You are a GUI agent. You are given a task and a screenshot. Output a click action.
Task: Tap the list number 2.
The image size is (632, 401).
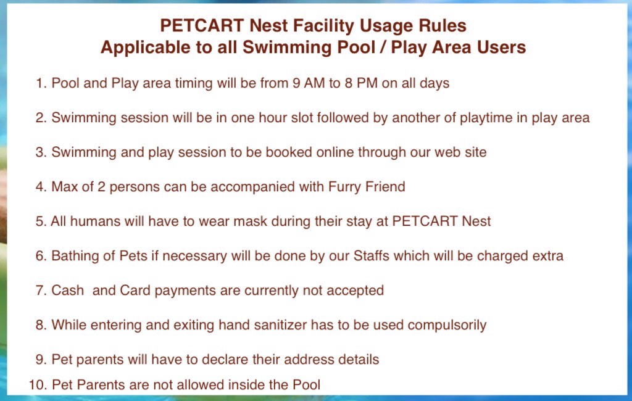tap(41, 118)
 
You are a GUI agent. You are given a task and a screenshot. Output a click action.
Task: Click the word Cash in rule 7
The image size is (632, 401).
tap(68, 290)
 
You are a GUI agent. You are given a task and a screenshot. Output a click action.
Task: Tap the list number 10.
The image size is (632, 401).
tap(38, 385)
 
